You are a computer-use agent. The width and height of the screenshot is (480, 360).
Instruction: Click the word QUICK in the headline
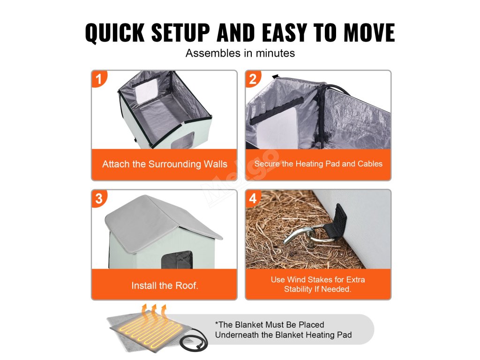click(115, 32)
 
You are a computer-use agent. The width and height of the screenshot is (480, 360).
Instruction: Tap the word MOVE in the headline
click(369, 32)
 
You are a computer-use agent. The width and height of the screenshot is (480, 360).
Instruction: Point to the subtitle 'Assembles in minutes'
click(240, 53)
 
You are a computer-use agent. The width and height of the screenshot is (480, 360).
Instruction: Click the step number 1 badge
click(98, 79)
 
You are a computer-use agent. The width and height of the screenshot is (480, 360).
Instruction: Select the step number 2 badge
click(253, 79)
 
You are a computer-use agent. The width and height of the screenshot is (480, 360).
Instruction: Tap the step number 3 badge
click(98, 198)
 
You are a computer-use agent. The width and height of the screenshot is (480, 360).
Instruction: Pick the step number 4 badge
click(253, 198)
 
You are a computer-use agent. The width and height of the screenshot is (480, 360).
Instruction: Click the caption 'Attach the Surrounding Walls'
click(165, 164)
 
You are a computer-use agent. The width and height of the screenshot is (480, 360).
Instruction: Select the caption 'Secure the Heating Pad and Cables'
click(318, 164)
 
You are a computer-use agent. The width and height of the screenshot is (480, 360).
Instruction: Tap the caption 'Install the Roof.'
click(165, 285)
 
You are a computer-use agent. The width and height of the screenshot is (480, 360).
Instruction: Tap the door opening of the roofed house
click(177, 260)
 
